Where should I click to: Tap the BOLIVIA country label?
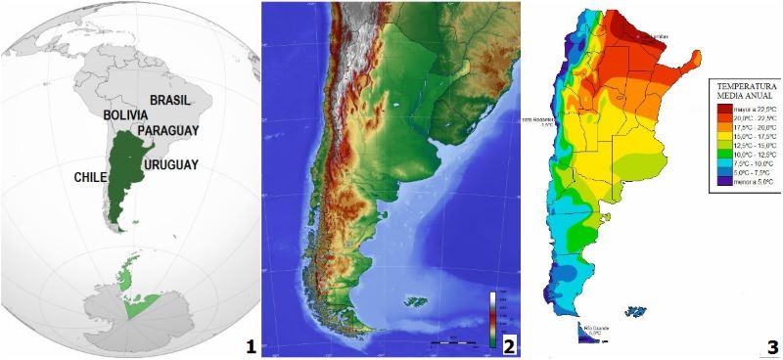127,114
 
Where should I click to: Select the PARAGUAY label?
168,130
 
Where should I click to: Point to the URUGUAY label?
173,164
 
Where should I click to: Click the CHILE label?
90,178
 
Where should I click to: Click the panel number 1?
251,345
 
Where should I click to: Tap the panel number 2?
508,345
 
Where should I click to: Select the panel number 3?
772,345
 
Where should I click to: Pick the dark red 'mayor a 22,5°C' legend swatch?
715,107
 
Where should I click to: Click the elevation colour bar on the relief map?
494,313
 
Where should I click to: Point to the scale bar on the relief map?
457,342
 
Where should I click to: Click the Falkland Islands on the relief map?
418,300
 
